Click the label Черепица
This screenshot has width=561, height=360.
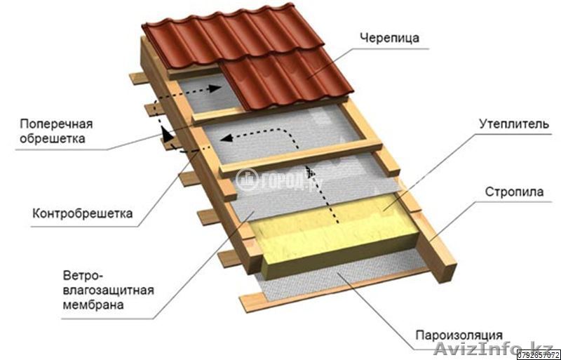pos(390,38)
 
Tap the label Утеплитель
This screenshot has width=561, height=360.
pos(514,124)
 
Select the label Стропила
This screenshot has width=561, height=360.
pos(514,192)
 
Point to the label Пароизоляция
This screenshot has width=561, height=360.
pos(459,335)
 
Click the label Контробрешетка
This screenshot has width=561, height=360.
pos(83,213)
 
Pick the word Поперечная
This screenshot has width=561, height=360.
pos(56,124)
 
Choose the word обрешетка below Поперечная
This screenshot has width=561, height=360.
pos(53,138)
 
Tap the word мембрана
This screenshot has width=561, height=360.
pos(94,305)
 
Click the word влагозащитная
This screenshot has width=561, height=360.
pos(109,290)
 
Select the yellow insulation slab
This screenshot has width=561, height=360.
pos(334,234)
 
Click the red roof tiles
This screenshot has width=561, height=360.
pos(247,54)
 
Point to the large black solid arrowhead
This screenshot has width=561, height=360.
pos(166,134)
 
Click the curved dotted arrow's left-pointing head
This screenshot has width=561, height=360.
pos(224,138)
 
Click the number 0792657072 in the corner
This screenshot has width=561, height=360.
pos(539,355)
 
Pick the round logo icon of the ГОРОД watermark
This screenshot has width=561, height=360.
pos(247,180)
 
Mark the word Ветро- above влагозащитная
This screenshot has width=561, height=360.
pos(83,276)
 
